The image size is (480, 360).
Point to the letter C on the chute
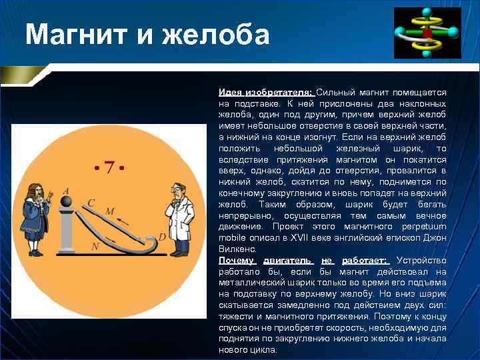91,202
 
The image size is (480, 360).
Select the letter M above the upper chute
110,211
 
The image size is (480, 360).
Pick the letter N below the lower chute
95,246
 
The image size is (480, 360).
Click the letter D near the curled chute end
161,237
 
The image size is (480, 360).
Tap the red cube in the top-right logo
427,32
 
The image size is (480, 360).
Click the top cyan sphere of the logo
426,12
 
